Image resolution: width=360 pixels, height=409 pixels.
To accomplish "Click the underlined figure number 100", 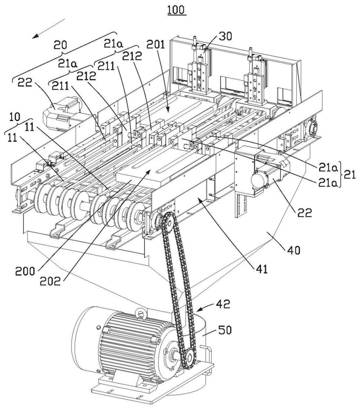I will click(x=177, y=9).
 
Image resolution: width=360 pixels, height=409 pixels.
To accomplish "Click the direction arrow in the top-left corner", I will click(x=48, y=28).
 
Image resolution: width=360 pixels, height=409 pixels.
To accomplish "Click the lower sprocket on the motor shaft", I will click(x=188, y=359).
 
